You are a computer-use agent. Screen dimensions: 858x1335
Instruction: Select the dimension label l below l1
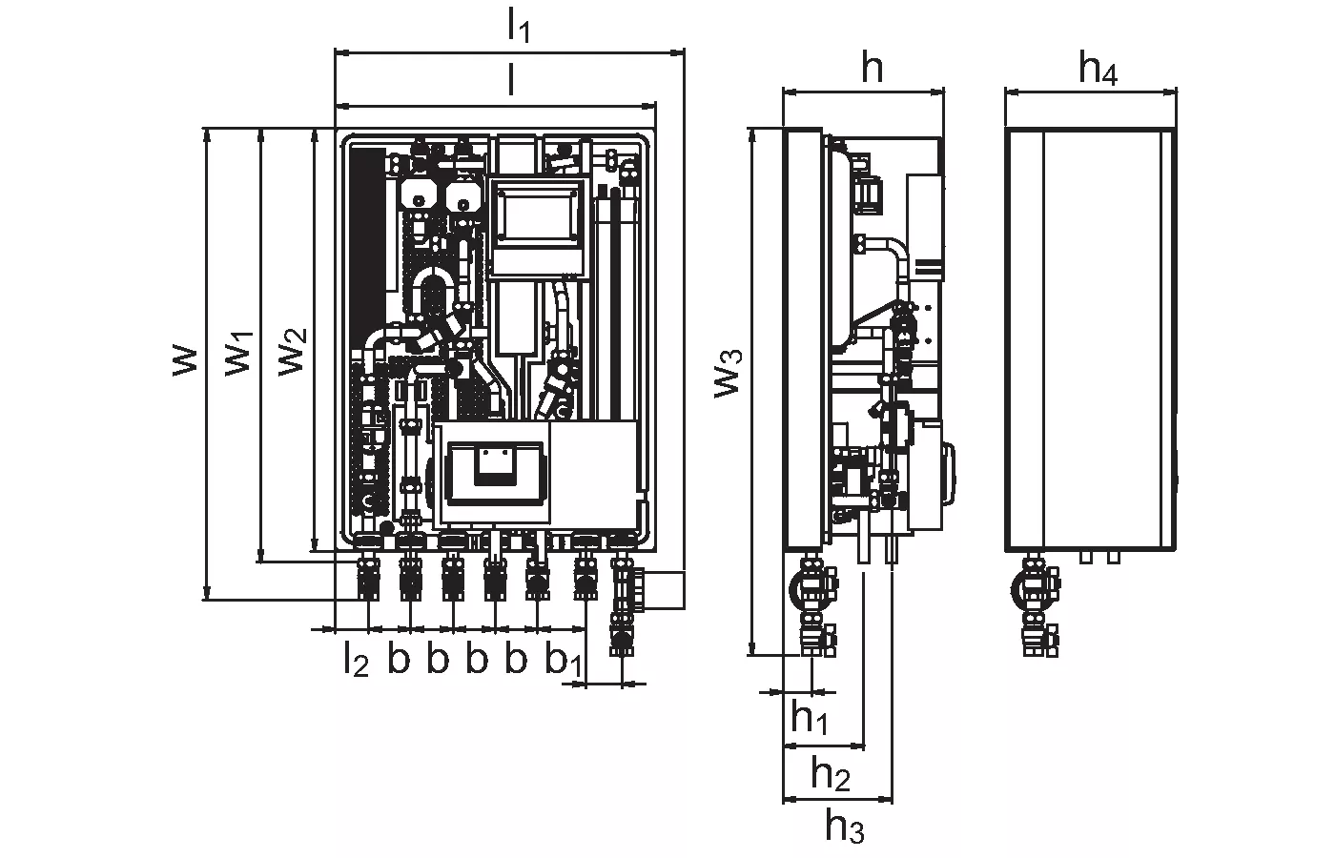[x=511, y=82]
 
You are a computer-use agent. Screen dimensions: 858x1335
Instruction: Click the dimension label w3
[x=729, y=372]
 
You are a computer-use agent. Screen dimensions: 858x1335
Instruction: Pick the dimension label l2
[x=355, y=660]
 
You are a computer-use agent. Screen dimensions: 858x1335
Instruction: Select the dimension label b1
[x=563, y=660]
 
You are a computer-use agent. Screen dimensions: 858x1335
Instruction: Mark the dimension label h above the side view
[x=872, y=69]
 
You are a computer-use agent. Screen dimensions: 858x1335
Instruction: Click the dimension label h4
[x=1098, y=70]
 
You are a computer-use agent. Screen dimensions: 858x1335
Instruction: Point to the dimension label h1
[x=809, y=716]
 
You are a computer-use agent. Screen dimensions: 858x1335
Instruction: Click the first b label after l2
[x=399, y=659]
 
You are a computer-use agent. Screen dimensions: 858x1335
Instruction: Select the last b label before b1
[x=516, y=659]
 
